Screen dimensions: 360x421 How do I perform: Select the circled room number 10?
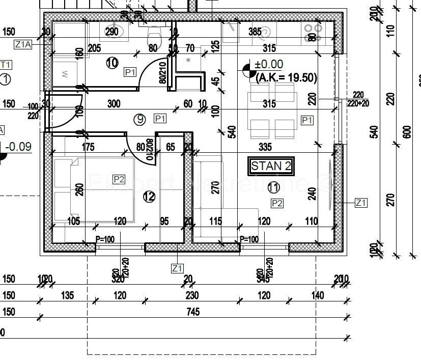coord(112,63)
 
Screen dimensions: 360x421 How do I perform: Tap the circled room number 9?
coord(139,119)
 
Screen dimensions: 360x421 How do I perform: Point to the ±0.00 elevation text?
coord(269,65)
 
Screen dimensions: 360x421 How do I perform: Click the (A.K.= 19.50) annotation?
coord(286,78)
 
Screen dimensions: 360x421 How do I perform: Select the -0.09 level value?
coord(18,147)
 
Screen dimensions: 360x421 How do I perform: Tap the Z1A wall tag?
coord(23,45)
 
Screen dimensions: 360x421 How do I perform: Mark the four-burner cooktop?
coord(312,33)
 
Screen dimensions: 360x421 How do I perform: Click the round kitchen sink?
coord(266,34)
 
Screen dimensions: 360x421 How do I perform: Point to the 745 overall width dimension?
coord(193,312)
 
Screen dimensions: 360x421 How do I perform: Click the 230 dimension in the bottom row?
coord(191,295)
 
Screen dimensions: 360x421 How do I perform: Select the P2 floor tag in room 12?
coord(119,179)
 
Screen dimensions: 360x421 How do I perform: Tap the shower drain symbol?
coord(188,60)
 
